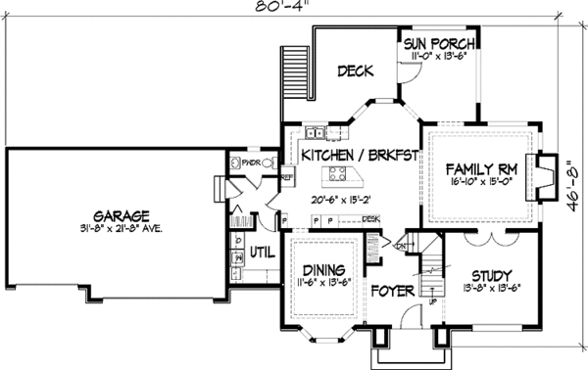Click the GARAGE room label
click(122, 215)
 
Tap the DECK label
click(353, 71)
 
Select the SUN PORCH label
click(440, 43)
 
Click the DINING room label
click(322, 270)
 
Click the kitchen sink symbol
click(316, 134)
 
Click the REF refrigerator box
click(288, 177)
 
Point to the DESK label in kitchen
click(371, 219)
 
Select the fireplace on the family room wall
click(540, 168)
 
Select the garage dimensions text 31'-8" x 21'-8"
click(122, 229)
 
